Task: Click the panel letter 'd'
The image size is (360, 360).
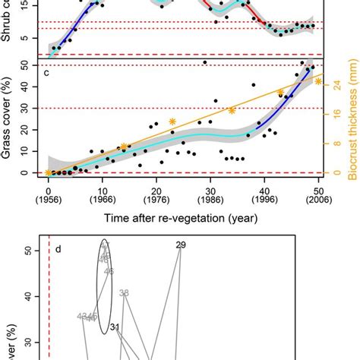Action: [x=58, y=248]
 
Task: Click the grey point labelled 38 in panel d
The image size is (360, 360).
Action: [x=124, y=292]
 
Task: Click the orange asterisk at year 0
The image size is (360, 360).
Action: [x=48, y=172]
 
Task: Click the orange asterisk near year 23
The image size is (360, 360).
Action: [x=172, y=122]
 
